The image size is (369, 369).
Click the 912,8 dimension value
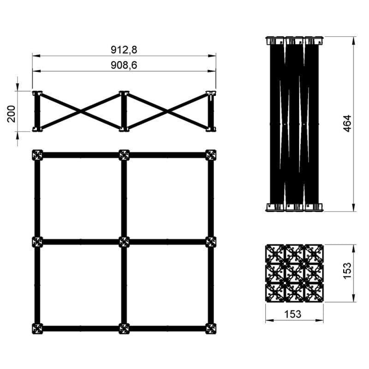pyautogui.click(x=124, y=50)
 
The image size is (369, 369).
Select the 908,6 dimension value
pyautogui.click(x=124, y=65)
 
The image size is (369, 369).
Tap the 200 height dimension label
pyautogui.click(x=11, y=114)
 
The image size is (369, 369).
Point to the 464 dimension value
pyautogui.click(x=347, y=123)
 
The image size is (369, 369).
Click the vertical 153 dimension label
pyautogui.click(x=347, y=271)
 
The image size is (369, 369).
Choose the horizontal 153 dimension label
pyautogui.click(x=293, y=314)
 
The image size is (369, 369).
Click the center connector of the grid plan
pyautogui.click(x=124, y=242)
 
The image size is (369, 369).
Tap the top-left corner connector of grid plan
pyautogui.click(x=37, y=155)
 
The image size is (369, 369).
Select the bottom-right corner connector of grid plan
pyautogui.click(x=211, y=329)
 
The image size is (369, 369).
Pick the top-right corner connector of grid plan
pyautogui.click(x=211, y=155)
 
